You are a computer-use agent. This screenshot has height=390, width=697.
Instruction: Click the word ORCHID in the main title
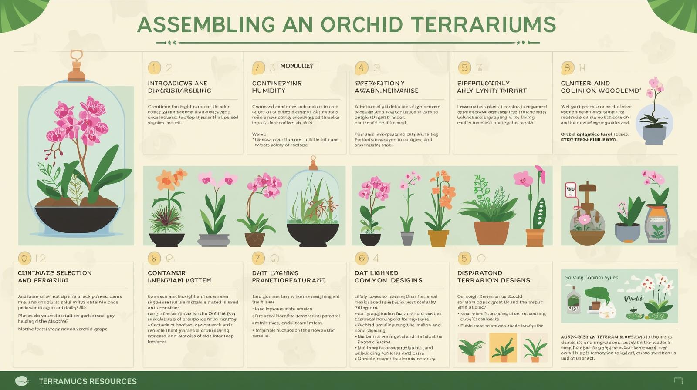coord(362,24)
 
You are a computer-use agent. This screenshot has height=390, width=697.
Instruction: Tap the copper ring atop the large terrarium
coord(76,55)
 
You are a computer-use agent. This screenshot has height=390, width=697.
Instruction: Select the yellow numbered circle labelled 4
coord(361,68)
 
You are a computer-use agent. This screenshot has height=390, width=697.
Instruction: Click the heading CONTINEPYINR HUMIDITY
coord(277,87)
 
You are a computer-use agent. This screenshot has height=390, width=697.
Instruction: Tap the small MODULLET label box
coord(297,66)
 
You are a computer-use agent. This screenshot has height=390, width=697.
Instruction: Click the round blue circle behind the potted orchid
coord(653,122)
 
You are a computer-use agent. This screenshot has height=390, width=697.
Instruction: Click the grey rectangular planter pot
coord(213,240)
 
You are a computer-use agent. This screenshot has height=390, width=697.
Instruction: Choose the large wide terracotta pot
coord(491,233)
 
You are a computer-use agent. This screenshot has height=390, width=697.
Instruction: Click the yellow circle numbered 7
coord(257,258)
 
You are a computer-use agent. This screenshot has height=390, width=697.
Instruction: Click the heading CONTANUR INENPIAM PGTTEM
coord(179,276)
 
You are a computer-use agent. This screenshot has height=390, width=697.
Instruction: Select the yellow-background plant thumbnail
coord(503,347)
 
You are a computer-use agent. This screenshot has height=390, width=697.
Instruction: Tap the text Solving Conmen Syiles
coord(591,277)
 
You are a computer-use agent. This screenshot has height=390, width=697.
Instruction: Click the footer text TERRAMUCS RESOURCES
coord(88,381)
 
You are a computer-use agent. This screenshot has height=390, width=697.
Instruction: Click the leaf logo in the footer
coord(21,381)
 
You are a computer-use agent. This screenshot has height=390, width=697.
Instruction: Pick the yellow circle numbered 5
coord(464,258)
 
